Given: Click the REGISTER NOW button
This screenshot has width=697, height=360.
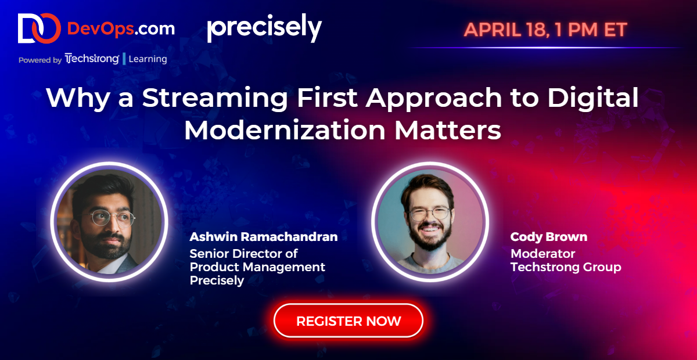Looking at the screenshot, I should tap(348, 321).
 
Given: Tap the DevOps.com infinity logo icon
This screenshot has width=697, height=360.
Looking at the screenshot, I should tap(38, 28).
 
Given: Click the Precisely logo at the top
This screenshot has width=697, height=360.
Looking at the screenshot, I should tap(264, 28).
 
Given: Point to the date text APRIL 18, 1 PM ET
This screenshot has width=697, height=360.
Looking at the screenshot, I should tap(545, 30).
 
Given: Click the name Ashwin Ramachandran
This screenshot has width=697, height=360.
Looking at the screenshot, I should tap(263, 237).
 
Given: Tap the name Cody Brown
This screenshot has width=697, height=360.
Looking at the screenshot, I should tap(548, 237).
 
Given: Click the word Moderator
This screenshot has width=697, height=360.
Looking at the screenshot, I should tap(542, 253).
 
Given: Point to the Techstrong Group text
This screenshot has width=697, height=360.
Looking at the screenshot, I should tap(566, 267).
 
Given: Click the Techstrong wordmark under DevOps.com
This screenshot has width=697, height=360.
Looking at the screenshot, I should tap(92, 59).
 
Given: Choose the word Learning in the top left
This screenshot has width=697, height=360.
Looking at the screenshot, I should tap(148, 59).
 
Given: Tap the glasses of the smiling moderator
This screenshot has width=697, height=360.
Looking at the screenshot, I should tap(429, 214).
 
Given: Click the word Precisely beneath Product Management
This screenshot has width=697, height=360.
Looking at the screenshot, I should tap(217, 281).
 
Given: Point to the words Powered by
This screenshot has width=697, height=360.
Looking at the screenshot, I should tap(39, 59).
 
